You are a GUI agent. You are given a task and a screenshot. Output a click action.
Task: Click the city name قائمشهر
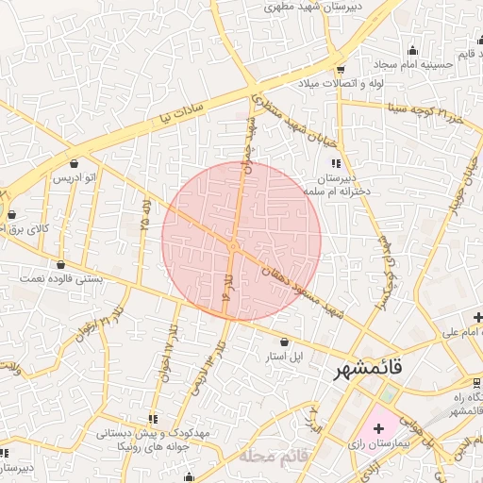[x=368, y=370]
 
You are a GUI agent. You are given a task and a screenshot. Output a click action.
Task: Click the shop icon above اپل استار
[x=286, y=341]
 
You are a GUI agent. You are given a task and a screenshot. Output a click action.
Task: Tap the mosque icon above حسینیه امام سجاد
[x=412, y=50]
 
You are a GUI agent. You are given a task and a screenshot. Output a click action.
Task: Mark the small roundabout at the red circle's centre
[x=232, y=247]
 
